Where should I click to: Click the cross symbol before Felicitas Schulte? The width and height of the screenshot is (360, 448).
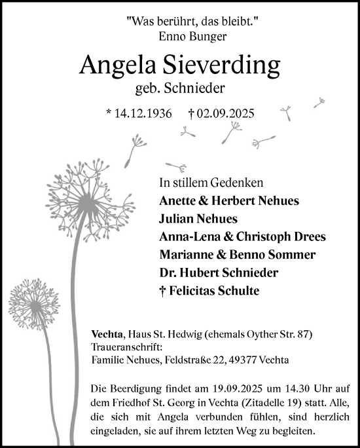point(162,290)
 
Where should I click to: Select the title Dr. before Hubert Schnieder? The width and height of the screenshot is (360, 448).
point(168,272)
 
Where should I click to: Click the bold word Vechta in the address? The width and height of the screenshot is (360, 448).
point(104,335)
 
